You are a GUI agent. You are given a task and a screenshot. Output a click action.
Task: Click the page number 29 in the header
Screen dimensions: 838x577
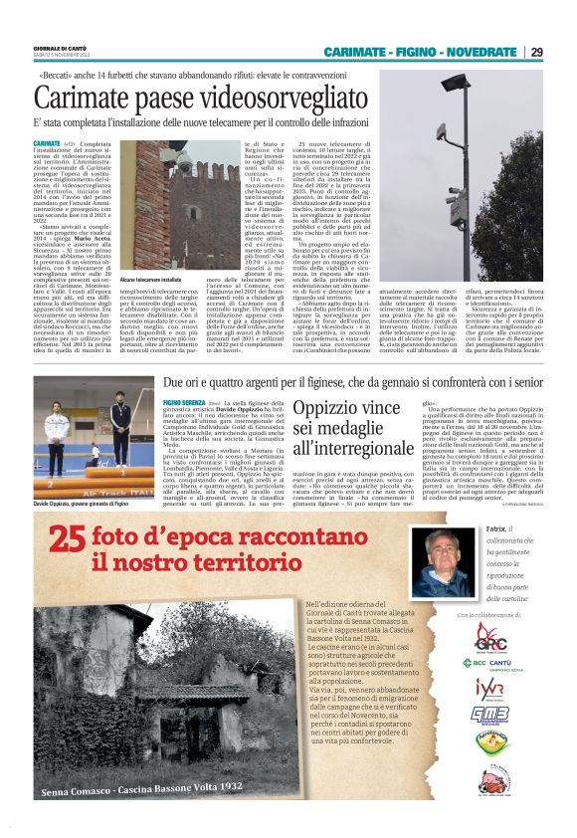tap(537, 52)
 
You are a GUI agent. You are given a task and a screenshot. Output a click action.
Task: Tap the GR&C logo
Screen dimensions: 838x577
tap(490, 636)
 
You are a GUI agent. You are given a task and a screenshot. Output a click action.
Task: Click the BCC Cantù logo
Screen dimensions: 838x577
tap(490, 663)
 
